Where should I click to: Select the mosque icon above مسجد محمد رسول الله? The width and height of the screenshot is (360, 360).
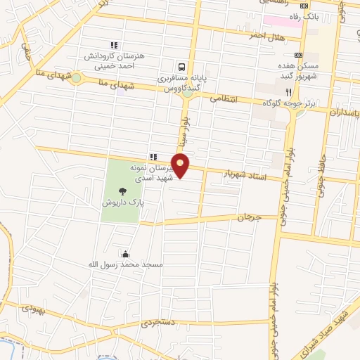coord(125,254)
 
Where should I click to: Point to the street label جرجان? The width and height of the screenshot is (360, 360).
coord(247,219)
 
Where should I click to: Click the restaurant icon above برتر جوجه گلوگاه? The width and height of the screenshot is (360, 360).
coord(288,92)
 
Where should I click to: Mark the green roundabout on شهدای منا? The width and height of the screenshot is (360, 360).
coord(75,78)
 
